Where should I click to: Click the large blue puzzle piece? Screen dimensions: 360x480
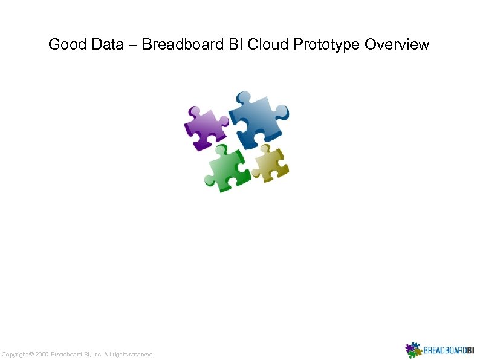(257, 117)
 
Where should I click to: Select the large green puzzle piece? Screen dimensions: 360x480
(226, 168)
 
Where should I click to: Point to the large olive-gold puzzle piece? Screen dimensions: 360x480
(270, 162)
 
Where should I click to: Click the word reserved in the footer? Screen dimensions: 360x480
(141, 354)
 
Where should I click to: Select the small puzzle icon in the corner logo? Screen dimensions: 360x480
(413, 350)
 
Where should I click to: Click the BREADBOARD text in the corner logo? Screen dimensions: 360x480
(444, 350)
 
